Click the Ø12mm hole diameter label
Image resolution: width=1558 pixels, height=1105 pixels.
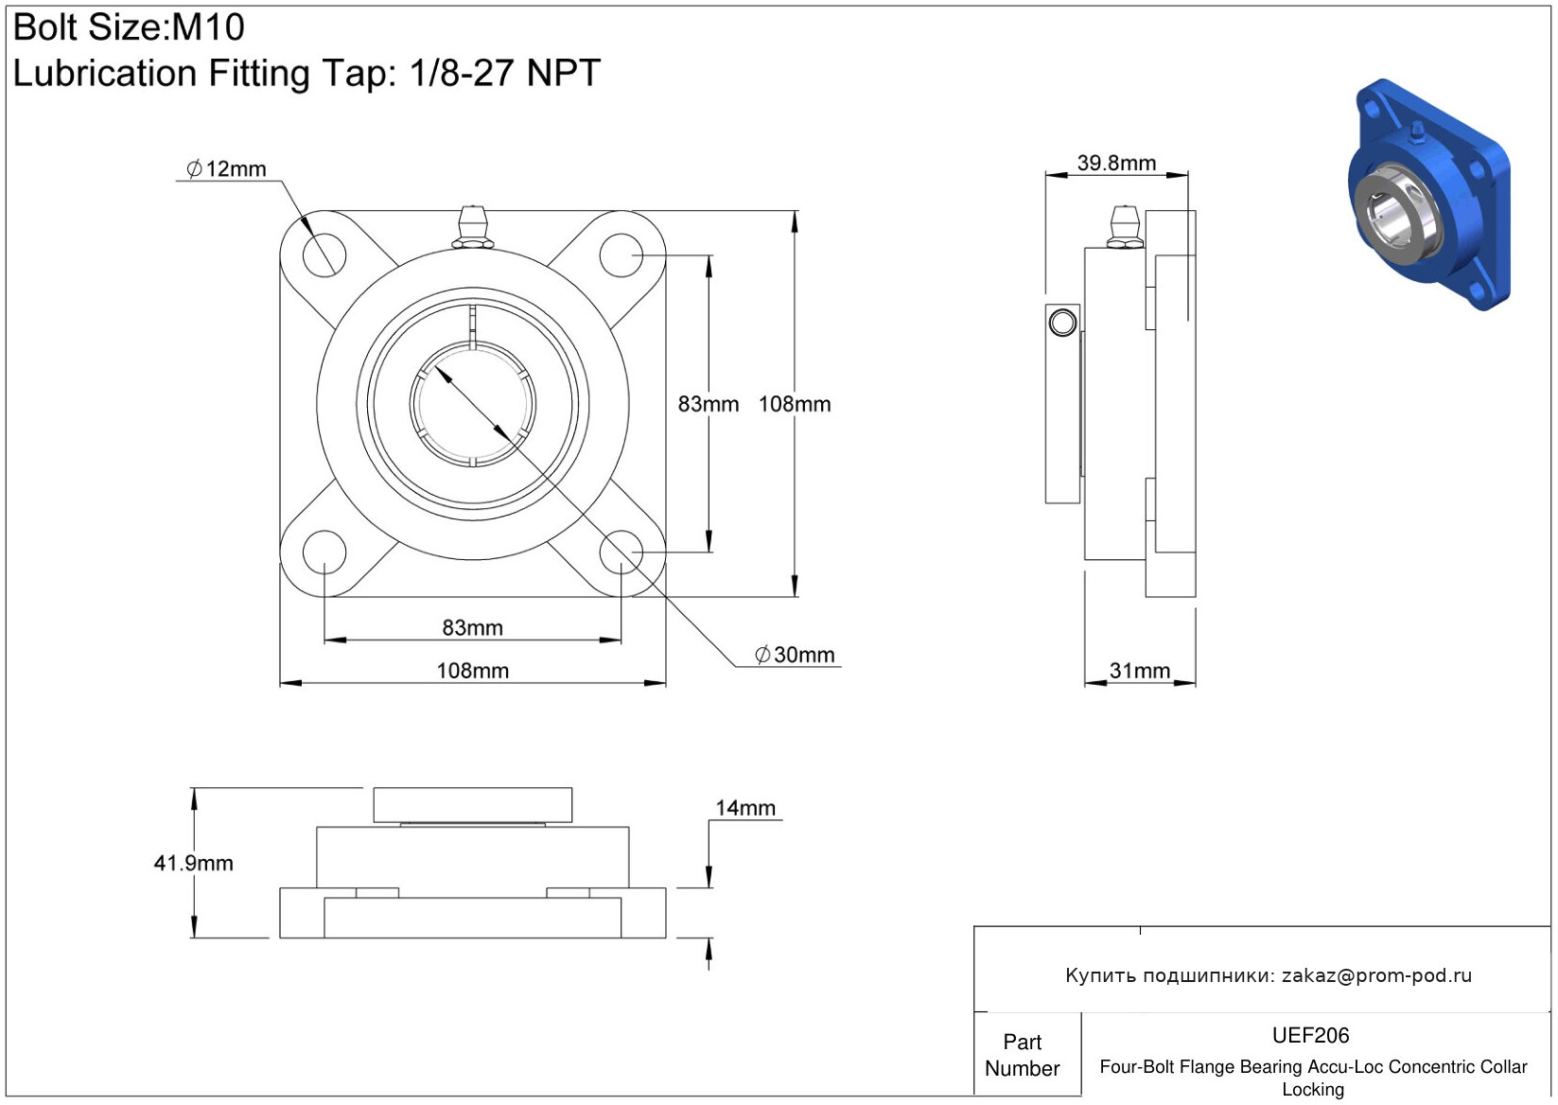pos(227,169)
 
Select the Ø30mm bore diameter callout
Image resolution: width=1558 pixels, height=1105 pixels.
pos(795,655)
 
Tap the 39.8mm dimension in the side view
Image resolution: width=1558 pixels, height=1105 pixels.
pos(1116,163)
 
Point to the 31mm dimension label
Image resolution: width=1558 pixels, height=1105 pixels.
pos(1139,671)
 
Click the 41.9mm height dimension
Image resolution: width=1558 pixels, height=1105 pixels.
pos(193,863)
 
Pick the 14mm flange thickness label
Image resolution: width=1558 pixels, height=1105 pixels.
pos(745,808)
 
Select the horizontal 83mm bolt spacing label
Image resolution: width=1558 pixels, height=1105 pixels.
pos(472,628)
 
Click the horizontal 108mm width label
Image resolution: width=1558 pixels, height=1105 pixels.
pos(472,671)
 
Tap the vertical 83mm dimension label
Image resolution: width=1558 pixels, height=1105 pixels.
pos(708,404)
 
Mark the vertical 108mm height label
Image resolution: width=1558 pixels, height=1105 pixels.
pos(795,404)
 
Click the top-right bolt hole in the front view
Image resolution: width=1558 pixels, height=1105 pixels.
pos(621,255)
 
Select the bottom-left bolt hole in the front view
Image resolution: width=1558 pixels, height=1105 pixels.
pos(324,552)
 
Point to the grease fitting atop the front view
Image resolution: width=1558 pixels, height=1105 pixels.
pos(472,227)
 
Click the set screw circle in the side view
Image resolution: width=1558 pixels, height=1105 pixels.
pos(1062,323)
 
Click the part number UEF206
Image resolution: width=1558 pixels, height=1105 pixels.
pos(1310,1035)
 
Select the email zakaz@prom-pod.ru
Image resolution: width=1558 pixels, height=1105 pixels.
pos(1376,975)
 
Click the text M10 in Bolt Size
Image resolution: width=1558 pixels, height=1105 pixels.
pos(208,27)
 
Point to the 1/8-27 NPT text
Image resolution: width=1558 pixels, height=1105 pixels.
pos(504,73)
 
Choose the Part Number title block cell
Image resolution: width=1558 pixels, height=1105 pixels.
pos(1023,1055)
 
